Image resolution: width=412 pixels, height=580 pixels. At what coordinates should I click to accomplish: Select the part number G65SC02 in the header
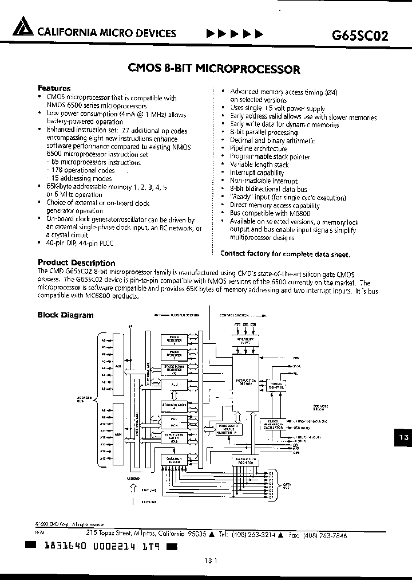(x=360, y=34)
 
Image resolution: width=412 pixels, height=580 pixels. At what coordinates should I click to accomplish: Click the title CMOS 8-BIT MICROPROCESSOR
(x=214, y=69)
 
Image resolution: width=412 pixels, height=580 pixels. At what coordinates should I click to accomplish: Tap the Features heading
(x=54, y=88)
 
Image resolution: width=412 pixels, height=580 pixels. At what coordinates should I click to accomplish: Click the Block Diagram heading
(x=65, y=315)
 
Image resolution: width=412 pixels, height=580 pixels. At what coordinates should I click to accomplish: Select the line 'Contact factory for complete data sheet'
(x=284, y=253)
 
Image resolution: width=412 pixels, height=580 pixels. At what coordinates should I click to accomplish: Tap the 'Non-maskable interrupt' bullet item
(x=263, y=181)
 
